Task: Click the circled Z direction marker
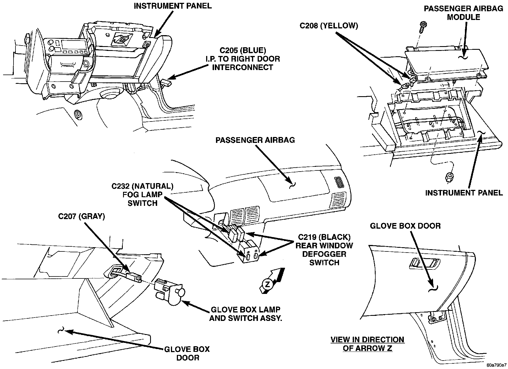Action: coord(268,284)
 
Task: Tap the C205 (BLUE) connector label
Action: coord(243,51)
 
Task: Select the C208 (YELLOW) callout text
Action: coord(329,26)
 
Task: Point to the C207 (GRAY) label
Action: coord(81,216)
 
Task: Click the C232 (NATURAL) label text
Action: coord(142,186)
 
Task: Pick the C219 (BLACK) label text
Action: coord(324,237)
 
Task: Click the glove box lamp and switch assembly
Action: coord(169,291)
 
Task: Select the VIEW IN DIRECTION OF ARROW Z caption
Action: coord(367,344)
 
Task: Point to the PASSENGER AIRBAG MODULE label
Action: coord(464,13)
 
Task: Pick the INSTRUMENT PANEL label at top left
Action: coord(173,6)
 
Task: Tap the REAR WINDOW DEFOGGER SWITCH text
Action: coord(324,254)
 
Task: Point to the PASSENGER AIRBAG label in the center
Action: coord(255,140)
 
